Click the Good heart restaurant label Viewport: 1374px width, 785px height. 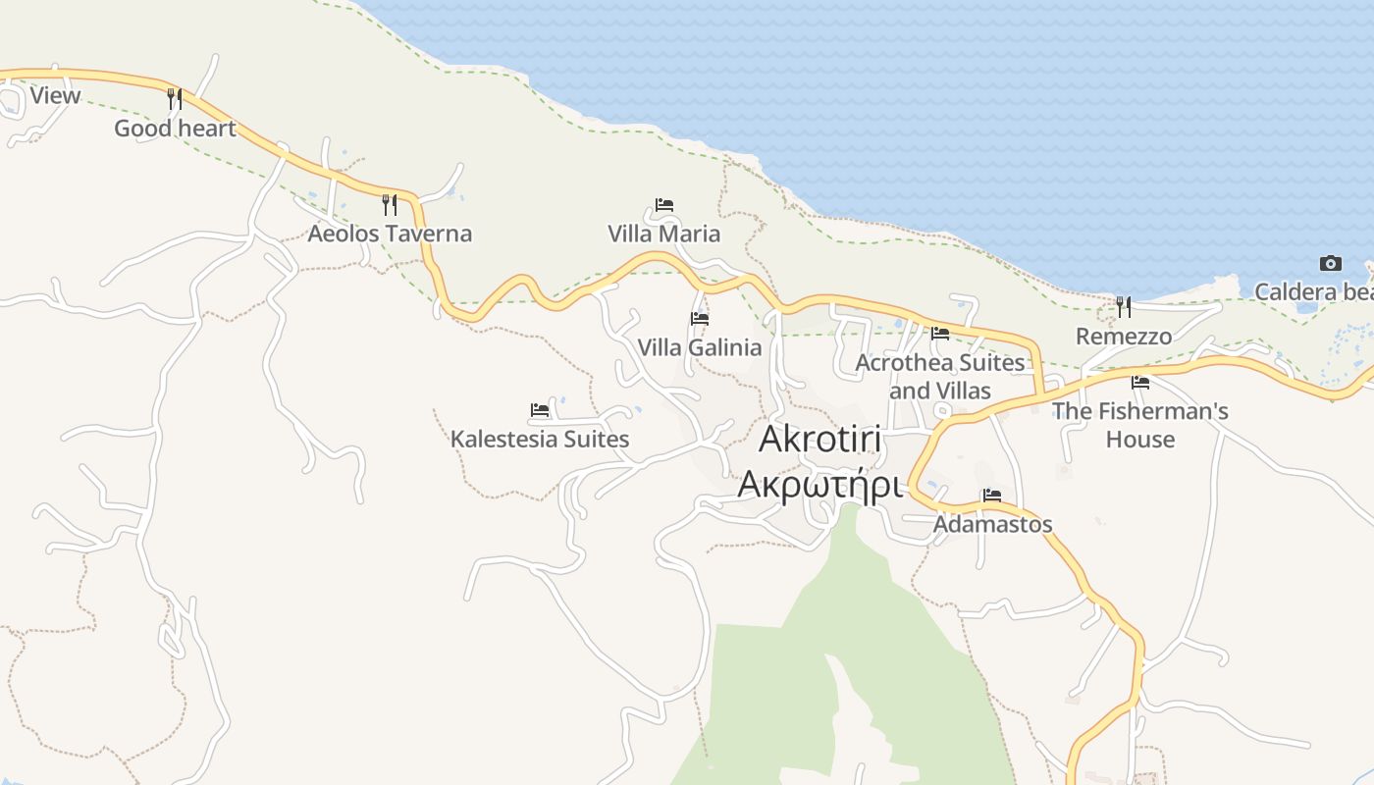(175, 129)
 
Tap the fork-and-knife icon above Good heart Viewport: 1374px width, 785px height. (175, 98)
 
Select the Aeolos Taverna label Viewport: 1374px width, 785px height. (390, 234)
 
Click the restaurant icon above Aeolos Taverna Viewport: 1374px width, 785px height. (390, 204)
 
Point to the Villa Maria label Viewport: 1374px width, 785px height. (663, 234)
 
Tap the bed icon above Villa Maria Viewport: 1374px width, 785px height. (664, 205)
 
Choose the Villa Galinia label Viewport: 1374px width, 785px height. (699, 347)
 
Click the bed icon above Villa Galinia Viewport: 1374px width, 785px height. (700, 318)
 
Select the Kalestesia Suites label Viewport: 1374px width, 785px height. (540, 439)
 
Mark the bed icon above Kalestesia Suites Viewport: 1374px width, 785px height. (540, 409)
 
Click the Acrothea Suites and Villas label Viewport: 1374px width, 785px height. (939, 376)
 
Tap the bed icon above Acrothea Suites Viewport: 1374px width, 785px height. (940, 333)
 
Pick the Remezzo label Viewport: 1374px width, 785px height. (1124, 337)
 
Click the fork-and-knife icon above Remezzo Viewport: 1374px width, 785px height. (1124, 307)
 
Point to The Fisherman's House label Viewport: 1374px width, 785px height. (1139, 424)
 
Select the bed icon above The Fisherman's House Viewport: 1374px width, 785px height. (1139, 382)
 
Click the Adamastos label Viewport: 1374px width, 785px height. (992, 524)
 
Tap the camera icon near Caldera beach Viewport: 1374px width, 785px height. (1331, 263)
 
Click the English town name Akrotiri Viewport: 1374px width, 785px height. (820, 439)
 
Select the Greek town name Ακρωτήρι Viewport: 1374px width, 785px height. (819, 484)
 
